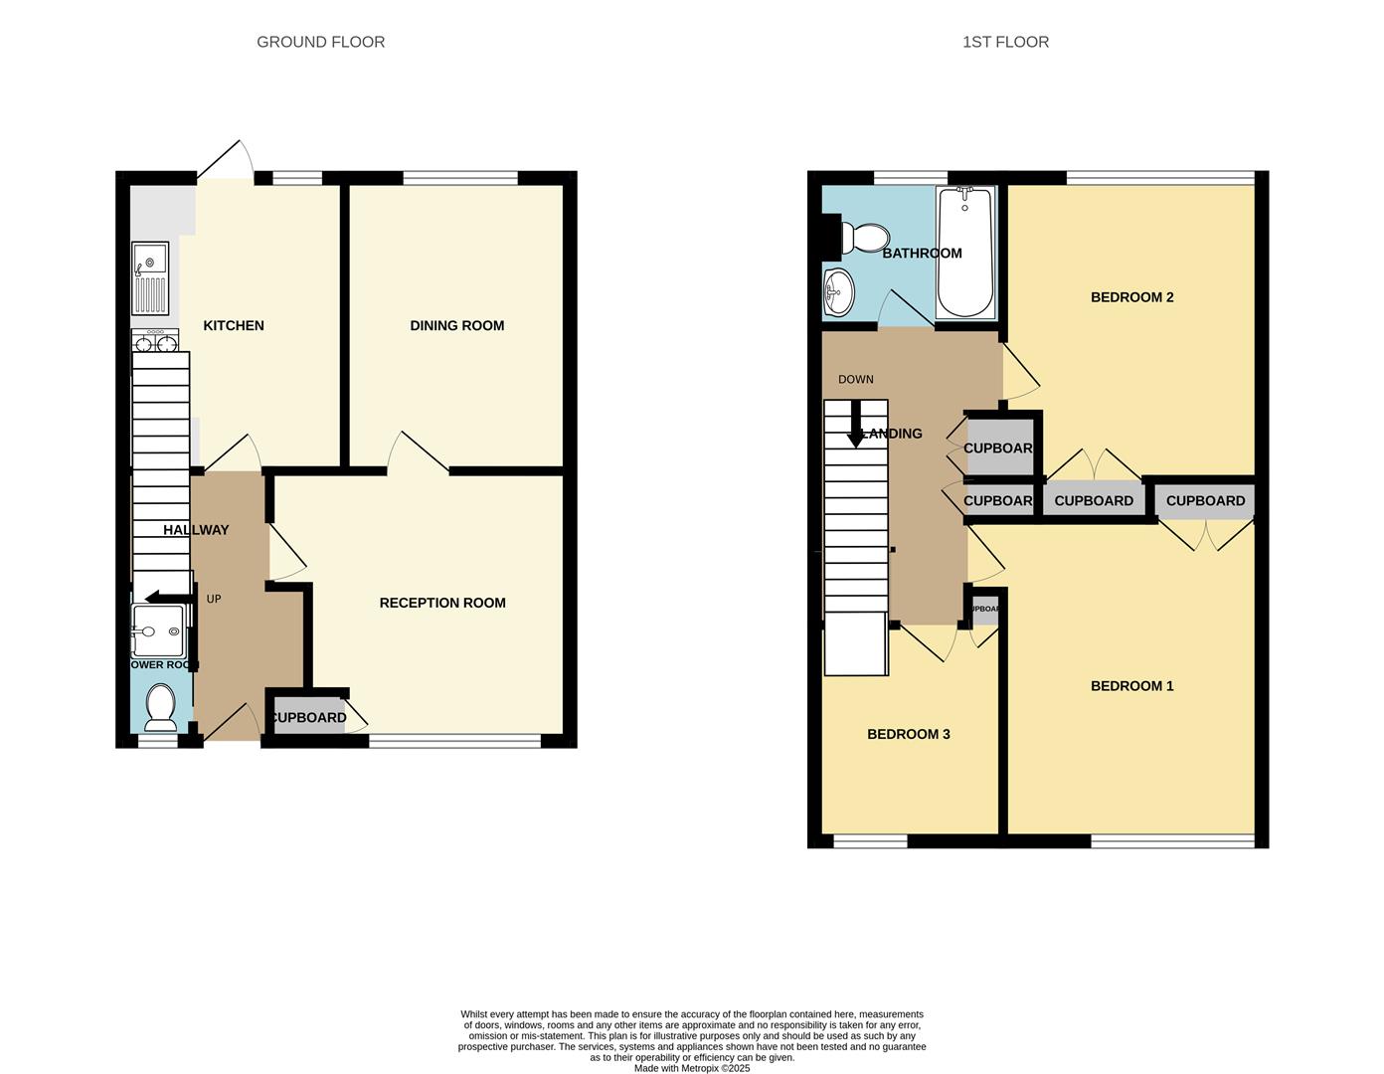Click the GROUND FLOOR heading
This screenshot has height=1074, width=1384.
tap(320, 42)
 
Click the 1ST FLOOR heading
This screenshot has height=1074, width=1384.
tap(1005, 42)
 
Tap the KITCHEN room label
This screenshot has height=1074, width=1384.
tap(234, 325)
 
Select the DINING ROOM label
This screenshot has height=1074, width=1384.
tap(456, 325)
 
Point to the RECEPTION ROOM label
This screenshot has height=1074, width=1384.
tap(442, 603)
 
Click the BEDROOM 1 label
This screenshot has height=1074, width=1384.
tap(1131, 686)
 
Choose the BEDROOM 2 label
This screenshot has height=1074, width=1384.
tap(1131, 297)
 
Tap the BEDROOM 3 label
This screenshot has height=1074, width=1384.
tap(908, 735)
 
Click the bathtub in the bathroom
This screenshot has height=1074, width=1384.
tap(964, 252)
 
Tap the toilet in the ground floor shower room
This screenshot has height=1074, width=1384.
tap(160, 705)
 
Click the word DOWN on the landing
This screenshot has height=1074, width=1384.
tap(855, 380)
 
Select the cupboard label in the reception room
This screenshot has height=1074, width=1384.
tap(308, 718)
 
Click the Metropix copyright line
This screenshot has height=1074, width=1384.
tap(691, 1069)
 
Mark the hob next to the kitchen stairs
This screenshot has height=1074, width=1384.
tap(154, 342)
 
